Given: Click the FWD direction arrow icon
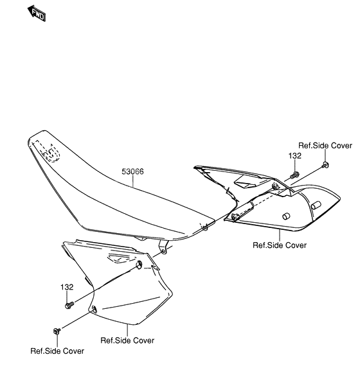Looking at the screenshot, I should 37,13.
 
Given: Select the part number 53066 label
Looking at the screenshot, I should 132,172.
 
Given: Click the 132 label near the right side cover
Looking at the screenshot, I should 294,156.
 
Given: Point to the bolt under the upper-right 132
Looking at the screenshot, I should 295,174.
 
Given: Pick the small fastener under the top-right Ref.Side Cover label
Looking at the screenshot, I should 326,166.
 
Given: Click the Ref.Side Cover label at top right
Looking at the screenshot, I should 325,146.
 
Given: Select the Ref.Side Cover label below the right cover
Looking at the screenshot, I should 279,245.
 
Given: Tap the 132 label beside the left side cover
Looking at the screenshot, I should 67,287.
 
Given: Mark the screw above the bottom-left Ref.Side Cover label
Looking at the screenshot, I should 57,331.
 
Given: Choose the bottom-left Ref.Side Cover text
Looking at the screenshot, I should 57,351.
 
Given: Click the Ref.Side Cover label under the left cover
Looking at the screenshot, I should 127,340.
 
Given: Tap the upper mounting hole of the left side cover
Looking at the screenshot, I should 140,265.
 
